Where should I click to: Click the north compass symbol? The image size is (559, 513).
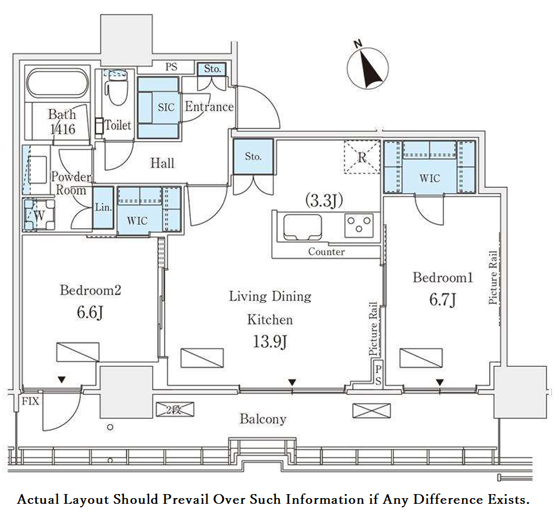pos(368,66)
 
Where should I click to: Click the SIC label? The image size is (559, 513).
pos(166,107)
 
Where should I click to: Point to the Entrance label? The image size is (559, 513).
pos(209,107)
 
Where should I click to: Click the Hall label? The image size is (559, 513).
pos(162,163)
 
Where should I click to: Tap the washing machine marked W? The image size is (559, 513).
pos(39,215)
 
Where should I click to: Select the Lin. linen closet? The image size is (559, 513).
pos(103,207)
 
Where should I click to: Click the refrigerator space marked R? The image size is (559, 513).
pos(362,157)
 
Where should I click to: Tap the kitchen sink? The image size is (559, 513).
pos(302,227)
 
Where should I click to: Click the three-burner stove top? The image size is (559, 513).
pos(359,225)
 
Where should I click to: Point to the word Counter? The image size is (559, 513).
pos(326,252)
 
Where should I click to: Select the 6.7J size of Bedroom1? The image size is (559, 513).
pos(443,299)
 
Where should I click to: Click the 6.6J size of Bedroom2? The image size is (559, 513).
pos(90,312)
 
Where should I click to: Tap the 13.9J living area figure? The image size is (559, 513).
pos(270,342)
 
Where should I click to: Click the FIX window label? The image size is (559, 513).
pos(30,401)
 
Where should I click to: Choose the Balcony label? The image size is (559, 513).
pos(263,419)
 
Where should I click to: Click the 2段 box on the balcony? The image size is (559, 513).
pos(175,410)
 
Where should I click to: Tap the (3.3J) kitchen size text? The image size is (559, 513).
pos(324,201)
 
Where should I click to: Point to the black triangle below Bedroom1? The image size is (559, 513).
pos(440,382)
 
